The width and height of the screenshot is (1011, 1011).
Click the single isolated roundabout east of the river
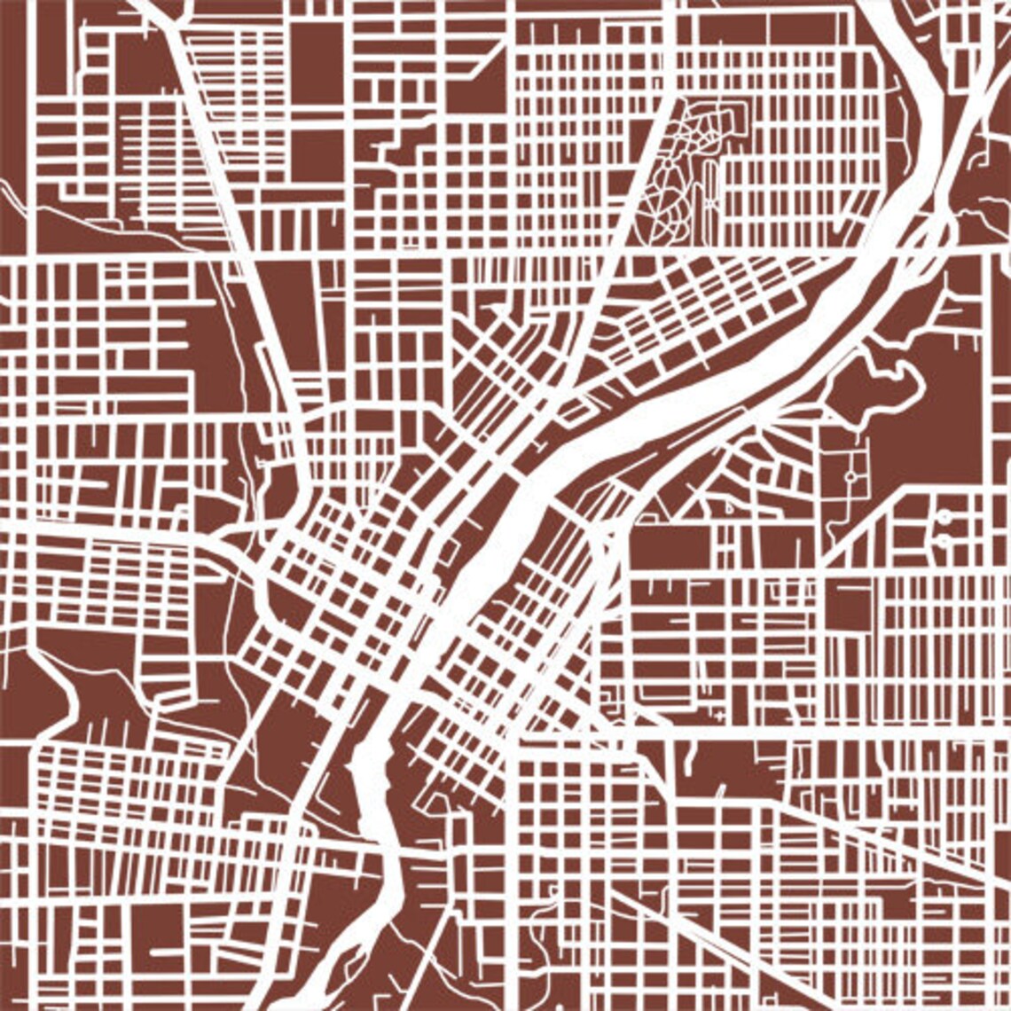[850, 476]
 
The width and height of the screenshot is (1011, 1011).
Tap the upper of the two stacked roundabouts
[944, 516]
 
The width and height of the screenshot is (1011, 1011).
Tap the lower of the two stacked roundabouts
[944, 538]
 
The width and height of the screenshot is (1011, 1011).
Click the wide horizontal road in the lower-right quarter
[798, 733]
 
